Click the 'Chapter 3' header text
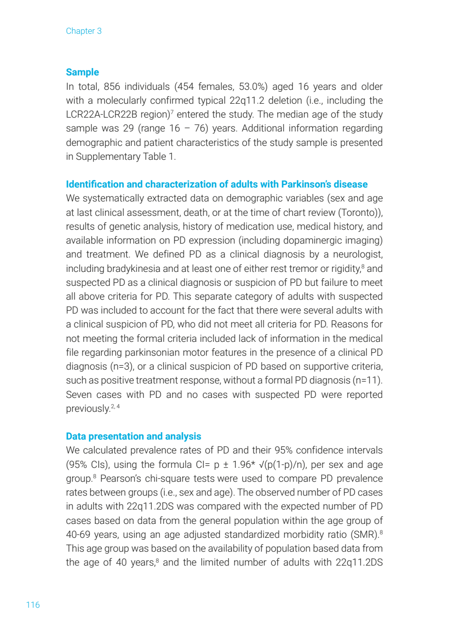[x=83, y=31]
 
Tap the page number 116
[x=33, y=605]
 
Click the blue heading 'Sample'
[x=82, y=72]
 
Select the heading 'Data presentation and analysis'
[x=133, y=437]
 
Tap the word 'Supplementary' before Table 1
[x=102, y=157]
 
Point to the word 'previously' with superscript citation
[x=87, y=409]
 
